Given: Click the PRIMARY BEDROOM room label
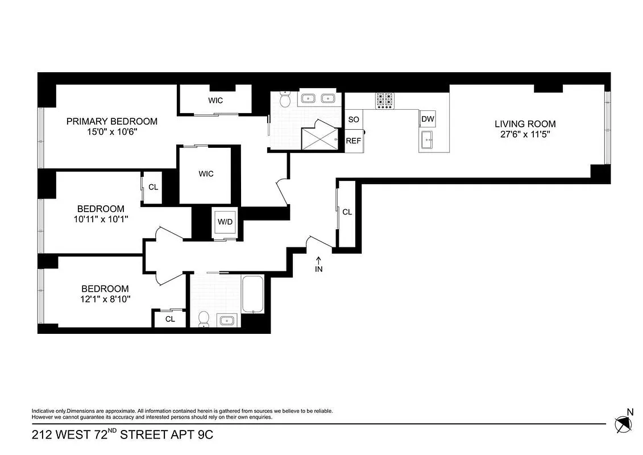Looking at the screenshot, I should coord(111,121).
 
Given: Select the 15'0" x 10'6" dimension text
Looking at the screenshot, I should coord(111,131).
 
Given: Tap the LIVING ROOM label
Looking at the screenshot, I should coord(525,124).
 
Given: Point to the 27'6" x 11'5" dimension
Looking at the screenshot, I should coord(525,135).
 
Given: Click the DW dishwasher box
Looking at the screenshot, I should coord(428,119).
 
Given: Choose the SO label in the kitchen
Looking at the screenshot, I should coord(353,119).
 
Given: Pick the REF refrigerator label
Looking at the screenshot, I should coord(353,141).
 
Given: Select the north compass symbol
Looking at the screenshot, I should coord(623,423).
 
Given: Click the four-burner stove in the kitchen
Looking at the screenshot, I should coord(385,100).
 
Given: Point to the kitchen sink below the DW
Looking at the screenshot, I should coord(428,138).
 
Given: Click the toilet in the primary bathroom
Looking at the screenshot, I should coord(285,101).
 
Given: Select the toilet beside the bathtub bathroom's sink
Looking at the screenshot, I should coord(204,320).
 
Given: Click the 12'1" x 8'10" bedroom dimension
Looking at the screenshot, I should coord(104,299).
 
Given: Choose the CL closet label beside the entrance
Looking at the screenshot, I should coord(347,212).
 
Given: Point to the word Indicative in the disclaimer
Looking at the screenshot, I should coord(43,411).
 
